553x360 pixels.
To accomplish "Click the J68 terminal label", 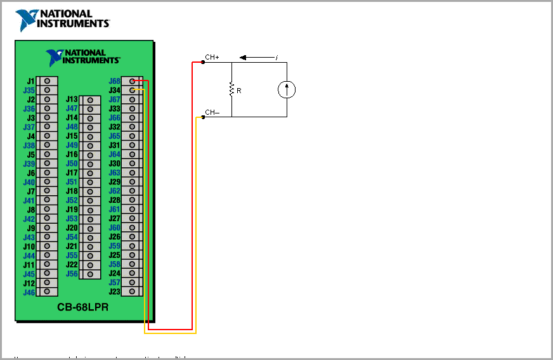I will tap(114, 81).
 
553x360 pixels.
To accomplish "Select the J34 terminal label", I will tap(114, 91).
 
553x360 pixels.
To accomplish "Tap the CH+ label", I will tap(212, 58).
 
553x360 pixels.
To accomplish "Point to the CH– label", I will tap(212, 113).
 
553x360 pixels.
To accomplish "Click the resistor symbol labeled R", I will tap(231, 89).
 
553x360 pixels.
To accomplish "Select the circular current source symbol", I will tap(287, 90).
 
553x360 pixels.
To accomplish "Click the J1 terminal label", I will tap(30, 81).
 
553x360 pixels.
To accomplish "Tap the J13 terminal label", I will tap(72, 100).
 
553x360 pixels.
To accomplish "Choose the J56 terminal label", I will tap(72, 274).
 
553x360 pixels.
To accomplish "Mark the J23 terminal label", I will tap(114, 292).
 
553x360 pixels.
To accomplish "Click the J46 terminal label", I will tap(29, 292).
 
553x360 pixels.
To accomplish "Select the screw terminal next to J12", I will tap(47, 283).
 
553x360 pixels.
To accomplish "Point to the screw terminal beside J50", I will tap(89, 164).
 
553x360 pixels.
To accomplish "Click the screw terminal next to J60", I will tap(132, 228).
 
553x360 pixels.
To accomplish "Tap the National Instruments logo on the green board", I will tap(83, 58).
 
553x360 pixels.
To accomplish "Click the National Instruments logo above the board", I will tap(62, 20).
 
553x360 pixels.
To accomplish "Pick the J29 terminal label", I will tap(114, 182).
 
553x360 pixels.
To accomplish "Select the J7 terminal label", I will tap(30, 191).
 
